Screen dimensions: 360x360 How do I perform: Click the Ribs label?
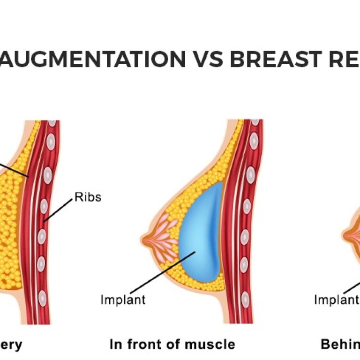click(88, 197)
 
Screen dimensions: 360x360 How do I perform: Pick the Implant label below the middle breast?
click(123, 300)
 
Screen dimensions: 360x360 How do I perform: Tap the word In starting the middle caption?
click(115, 345)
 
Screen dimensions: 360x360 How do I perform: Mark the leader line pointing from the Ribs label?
click(59, 209)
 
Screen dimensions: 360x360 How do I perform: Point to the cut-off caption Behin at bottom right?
click(340, 345)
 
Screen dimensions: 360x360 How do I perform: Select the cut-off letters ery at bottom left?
click(11, 345)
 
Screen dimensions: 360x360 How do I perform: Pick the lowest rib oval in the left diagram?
click(43, 297)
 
